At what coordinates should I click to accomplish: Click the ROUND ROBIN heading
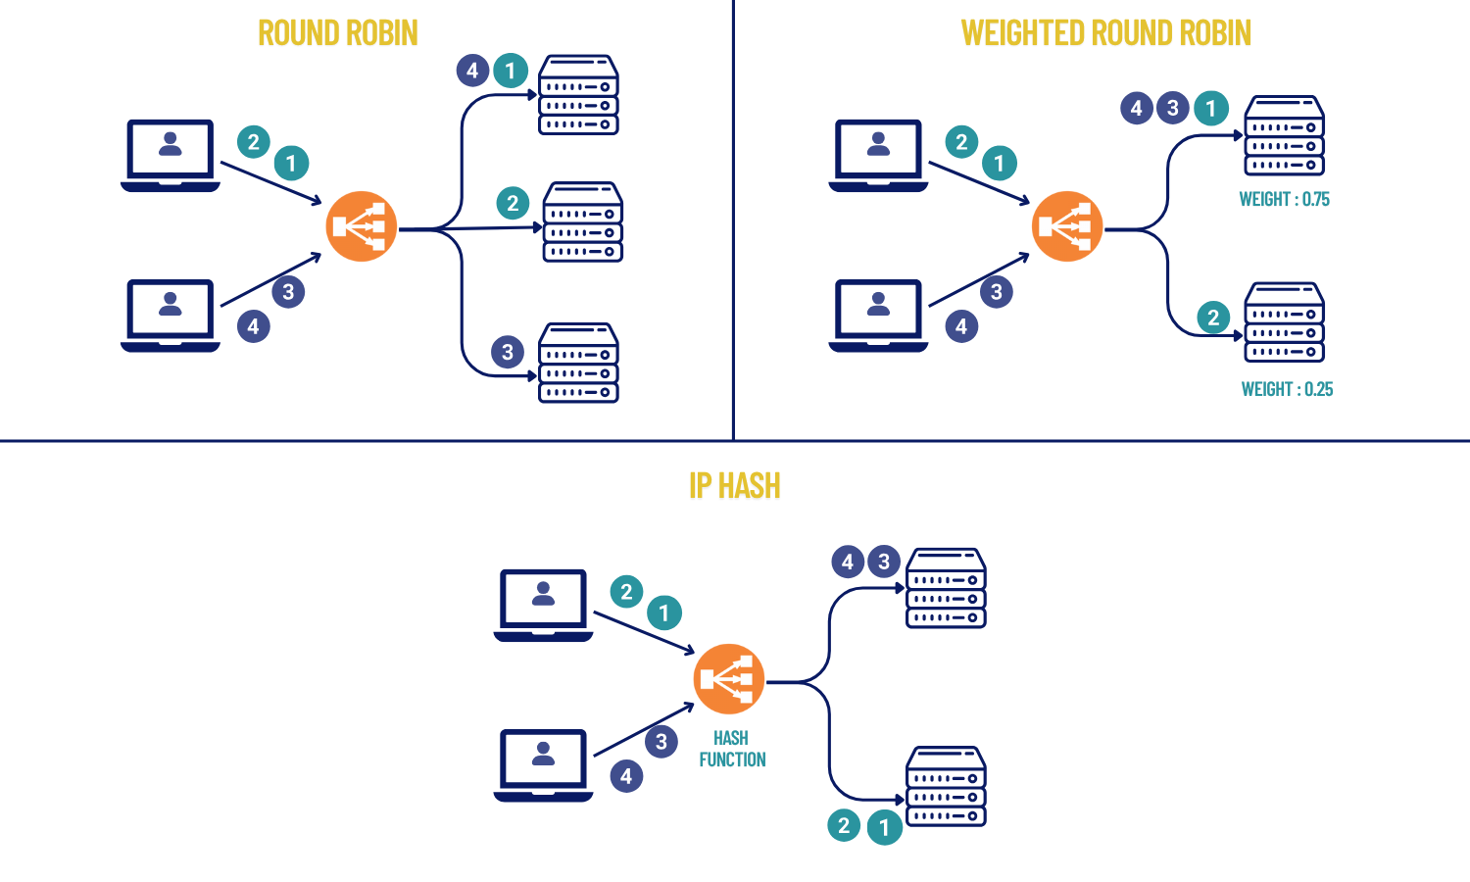pos(338,33)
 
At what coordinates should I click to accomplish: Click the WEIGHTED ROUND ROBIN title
pos(1105,33)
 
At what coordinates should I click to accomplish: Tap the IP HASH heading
pos(734,486)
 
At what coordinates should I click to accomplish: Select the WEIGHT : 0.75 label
pos(1284,199)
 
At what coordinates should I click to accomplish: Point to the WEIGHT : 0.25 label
pos(1287,389)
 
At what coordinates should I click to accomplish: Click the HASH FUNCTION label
pos(732,749)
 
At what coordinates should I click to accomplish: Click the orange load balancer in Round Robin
pos(361,226)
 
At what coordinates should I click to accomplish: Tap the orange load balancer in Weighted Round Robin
pos(1067,226)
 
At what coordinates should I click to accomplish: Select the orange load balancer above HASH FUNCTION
pos(728,679)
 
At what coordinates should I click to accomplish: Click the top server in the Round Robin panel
pos(578,95)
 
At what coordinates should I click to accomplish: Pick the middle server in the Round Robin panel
pos(582,221)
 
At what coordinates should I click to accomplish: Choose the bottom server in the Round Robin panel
pos(578,363)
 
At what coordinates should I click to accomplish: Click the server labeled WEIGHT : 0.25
pos(1284,322)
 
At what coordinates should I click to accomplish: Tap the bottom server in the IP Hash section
pos(946,786)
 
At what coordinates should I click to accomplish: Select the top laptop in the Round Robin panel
pos(171,155)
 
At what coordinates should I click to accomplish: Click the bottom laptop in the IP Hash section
pos(543,764)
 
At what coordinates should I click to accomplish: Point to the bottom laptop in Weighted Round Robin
pos(878,315)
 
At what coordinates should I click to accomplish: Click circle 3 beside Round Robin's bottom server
pos(508,352)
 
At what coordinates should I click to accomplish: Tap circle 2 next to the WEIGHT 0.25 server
pos(1213,317)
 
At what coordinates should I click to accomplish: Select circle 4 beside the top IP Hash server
pos(848,562)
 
